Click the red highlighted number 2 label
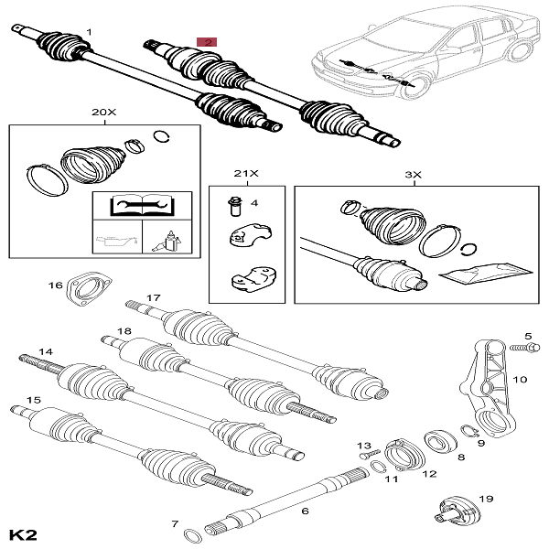209,42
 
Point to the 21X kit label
241,173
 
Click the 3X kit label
414,173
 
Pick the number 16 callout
55,286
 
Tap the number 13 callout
361,445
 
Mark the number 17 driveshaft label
153,297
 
